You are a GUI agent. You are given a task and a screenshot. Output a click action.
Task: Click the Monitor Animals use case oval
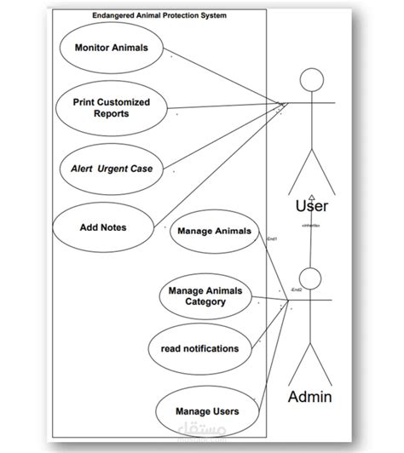[111, 49]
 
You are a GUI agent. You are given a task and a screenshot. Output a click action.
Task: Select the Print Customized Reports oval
[111, 108]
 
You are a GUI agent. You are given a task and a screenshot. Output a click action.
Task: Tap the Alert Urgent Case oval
[111, 169]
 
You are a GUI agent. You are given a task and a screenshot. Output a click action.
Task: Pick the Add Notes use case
[102, 227]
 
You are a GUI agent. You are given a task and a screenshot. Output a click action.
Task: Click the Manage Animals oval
[215, 232]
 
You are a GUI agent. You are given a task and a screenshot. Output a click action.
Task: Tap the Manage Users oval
[206, 411]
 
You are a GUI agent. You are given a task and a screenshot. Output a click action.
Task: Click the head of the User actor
[313, 81]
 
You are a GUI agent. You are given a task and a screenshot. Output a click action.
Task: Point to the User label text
[311, 206]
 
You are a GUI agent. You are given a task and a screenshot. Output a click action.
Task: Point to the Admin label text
[310, 397]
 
